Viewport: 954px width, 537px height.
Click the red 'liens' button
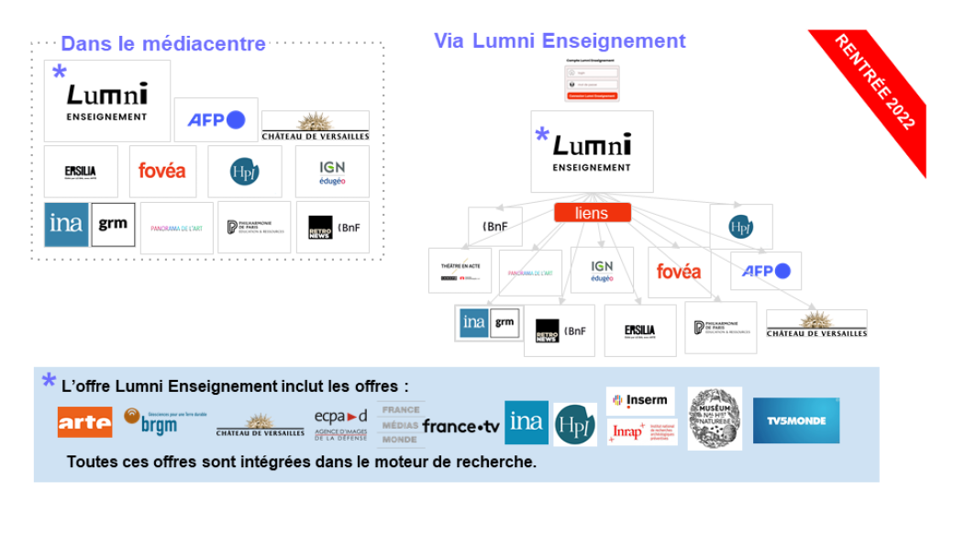pos(592,213)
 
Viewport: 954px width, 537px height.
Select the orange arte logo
pos(84,421)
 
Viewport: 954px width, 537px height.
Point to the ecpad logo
pos(340,423)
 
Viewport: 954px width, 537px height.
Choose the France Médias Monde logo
pos(400,424)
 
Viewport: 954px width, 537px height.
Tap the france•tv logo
pos(461,427)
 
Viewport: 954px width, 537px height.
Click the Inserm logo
pos(640,400)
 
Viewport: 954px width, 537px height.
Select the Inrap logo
pos(640,431)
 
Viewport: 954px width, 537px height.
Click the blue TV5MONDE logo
pos(795,420)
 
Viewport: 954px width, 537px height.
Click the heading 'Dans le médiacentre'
pos(162,43)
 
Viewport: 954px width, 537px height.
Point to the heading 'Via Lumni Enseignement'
pos(560,40)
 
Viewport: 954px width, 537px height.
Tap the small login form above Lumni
pos(591,81)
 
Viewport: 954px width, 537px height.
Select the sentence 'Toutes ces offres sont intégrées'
pos(301,462)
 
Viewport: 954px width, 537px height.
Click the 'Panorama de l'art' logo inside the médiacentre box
pos(177,227)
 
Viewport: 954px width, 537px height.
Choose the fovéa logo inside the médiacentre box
pos(161,171)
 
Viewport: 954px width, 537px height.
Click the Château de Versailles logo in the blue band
pos(261,425)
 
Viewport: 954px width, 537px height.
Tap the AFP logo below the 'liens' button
pos(765,271)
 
